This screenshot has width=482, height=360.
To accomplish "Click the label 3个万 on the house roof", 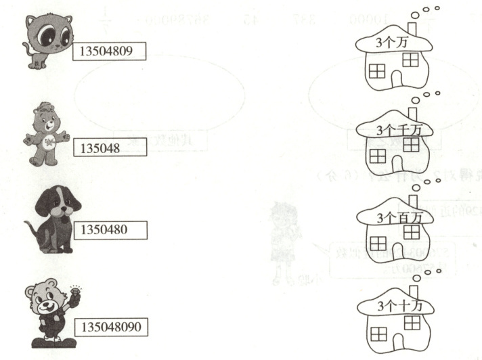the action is coord(393,42).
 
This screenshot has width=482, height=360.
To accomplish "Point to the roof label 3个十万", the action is coord(393,306).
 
